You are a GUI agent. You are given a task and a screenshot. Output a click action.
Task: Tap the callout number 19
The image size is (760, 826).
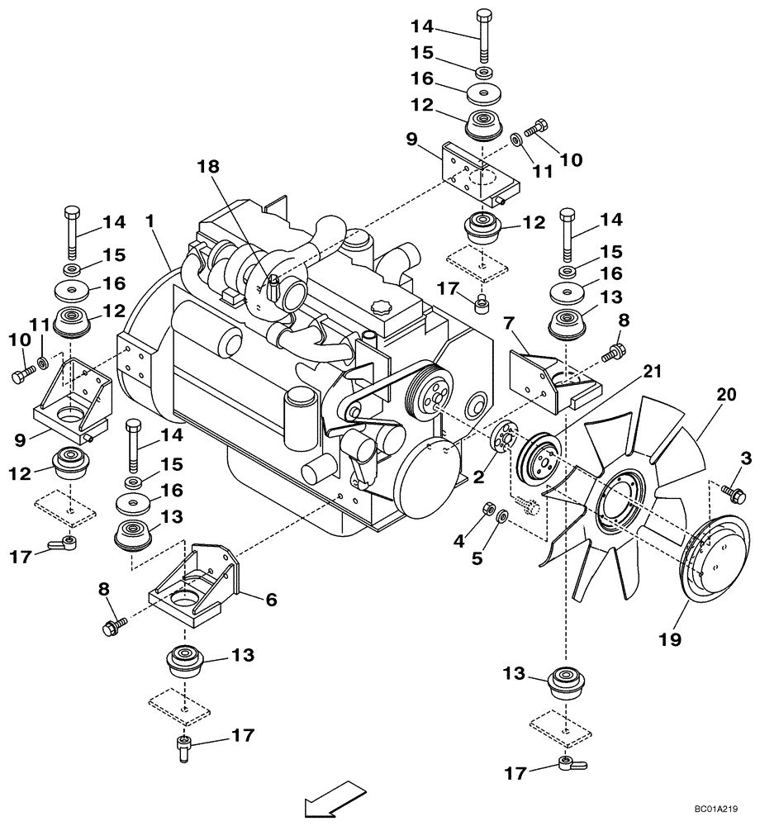coord(670,639)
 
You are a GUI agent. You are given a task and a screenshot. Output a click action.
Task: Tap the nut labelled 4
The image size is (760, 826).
coord(488,507)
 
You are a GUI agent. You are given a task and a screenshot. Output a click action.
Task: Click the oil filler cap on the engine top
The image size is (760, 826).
coord(382,307)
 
